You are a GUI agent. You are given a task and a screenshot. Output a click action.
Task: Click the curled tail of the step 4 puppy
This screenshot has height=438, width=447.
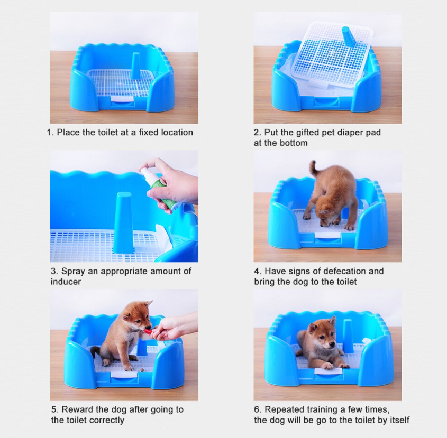click(x=313, y=167)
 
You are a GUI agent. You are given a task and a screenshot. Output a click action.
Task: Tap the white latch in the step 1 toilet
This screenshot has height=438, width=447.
click(x=122, y=99)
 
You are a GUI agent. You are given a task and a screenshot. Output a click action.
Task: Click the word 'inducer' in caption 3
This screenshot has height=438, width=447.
click(x=66, y=282)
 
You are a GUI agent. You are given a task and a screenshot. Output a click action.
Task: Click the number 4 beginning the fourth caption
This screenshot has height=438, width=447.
click(x=256, y=271)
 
